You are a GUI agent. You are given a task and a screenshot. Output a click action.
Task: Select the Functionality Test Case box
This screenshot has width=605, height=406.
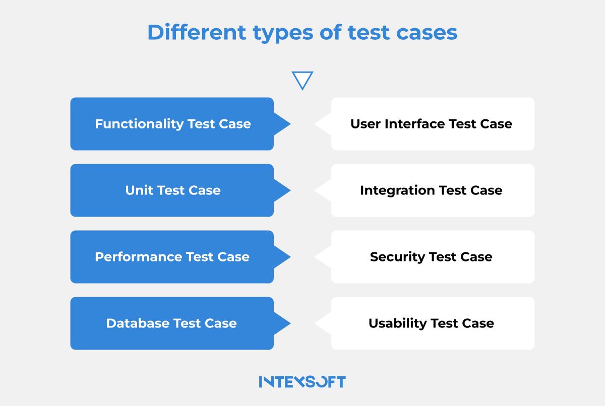172,124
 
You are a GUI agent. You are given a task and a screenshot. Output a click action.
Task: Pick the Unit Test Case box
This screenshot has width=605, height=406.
172,190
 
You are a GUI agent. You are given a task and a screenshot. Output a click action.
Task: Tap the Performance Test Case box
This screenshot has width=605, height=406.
172,257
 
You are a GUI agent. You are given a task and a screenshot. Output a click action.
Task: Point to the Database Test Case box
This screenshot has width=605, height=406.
172,323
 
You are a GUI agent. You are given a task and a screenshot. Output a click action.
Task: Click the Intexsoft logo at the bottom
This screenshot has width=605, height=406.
302,381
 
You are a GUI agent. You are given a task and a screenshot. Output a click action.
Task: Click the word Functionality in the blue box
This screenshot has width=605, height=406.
139,124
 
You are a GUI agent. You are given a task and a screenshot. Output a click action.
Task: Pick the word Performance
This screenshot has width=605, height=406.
139,257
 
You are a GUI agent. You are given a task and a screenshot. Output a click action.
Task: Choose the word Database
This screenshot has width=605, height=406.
138,323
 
